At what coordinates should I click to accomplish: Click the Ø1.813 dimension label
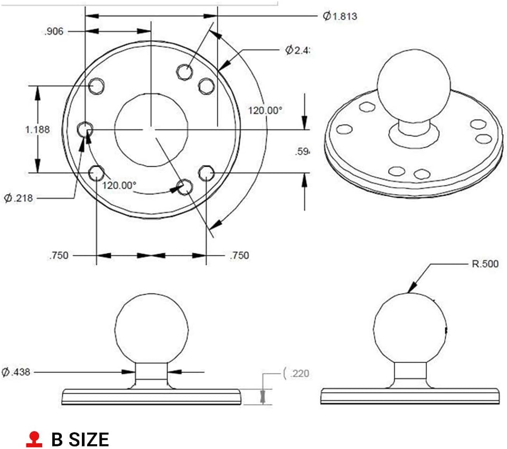[340, 16]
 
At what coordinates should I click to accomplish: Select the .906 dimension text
[53, 32]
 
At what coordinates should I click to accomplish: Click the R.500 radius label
[484, 264]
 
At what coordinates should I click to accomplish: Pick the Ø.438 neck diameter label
[16, 372]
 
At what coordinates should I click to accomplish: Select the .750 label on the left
[58, 256]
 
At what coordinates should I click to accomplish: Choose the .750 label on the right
[239, 256]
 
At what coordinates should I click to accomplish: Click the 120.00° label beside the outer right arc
[266, 110]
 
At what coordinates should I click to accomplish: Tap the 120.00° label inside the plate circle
[119, 186]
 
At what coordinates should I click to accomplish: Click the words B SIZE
[80, 439]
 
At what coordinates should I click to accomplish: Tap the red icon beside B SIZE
[34, 438]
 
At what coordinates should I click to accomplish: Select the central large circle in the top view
[152, 130]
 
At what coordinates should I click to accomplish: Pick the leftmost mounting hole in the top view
[85, 129]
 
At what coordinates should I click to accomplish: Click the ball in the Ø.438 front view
[152, 328]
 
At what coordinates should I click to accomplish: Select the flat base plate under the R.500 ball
[410, 396]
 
